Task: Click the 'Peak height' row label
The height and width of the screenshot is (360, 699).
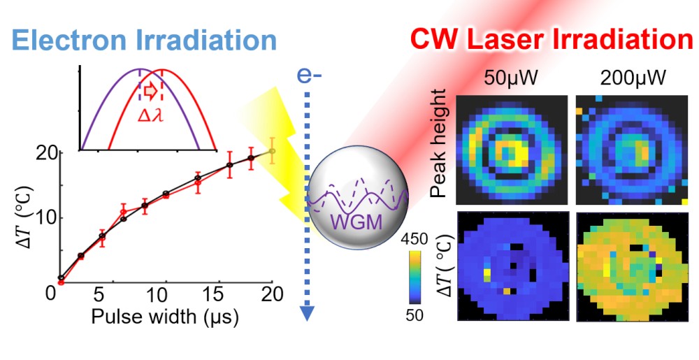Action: (x=439, y=150)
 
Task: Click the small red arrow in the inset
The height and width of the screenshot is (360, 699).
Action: (x=150, y=91)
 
